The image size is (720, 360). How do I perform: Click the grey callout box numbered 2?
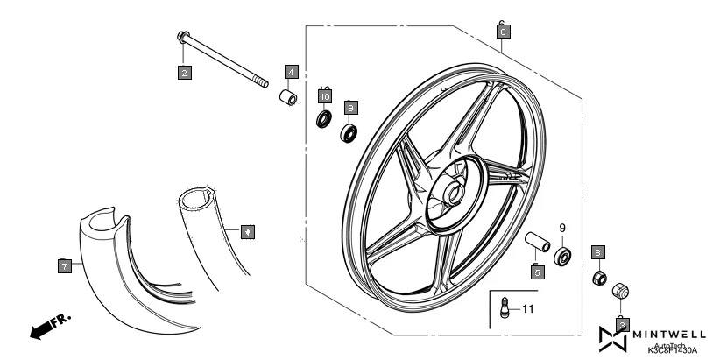pos(184,73)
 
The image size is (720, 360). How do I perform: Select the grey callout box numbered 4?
pos(291,71)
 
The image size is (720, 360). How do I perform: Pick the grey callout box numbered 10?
pos(324,96)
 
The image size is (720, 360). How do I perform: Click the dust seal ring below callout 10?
pos(324,118)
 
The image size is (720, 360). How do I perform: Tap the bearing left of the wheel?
pos(349,132)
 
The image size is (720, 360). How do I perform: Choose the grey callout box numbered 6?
pos(502,32)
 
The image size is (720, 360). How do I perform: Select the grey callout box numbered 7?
pos(65,265)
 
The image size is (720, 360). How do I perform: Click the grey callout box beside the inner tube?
pos(248,232)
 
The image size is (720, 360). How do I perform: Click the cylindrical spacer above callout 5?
pos(536,242)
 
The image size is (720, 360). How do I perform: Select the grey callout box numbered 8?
pos(599,252)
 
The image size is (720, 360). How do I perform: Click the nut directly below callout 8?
pos(600,279)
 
